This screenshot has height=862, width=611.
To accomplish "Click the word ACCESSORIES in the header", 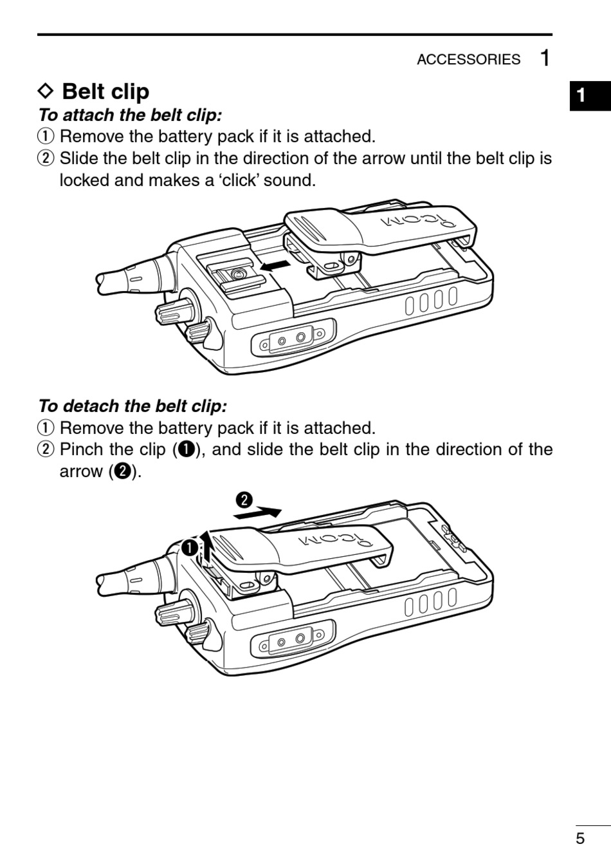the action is pyautogui.click(x=468, y=59).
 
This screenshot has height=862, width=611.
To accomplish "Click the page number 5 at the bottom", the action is pyautogui.click(x=580, y=838).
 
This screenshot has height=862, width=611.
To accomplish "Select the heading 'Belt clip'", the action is pyautogui.click(x=105, y=91).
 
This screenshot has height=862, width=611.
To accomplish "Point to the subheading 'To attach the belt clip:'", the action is pyautogui.click(x=130, y=115).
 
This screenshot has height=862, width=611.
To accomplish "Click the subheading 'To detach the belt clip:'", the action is pyautogui.click(x=132, y=406).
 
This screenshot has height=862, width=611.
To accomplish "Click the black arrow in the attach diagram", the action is pyautogui.click(x=275, y=264).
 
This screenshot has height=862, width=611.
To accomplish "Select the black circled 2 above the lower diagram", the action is pyautogui.click(x=244, y=500).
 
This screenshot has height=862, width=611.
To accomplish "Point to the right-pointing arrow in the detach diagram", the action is pyautogui.click(x=259, y=513).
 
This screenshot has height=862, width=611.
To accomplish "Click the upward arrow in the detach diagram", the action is pyautogui.click(x=205, y=545).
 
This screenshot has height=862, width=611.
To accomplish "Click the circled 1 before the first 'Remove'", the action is pyautogui.click(x=45, y=136).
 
